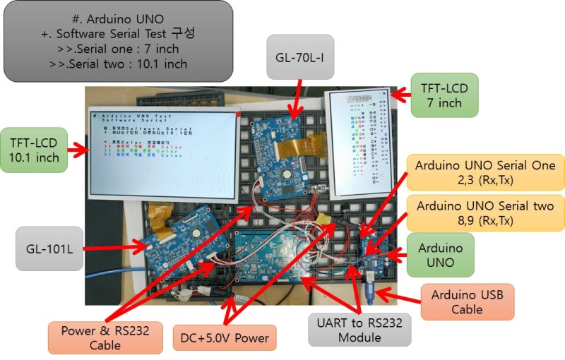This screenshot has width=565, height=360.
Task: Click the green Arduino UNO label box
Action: tap(441, 256)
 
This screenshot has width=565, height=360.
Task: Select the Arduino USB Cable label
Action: tap(467, 301)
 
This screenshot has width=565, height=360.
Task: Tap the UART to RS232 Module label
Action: tap(359, 330)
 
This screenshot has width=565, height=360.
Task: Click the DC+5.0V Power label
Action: tap(224, 337)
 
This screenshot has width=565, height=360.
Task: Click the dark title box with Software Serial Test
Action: tap(118, 41)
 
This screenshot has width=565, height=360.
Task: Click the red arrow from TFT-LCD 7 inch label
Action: tap(400, 93)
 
